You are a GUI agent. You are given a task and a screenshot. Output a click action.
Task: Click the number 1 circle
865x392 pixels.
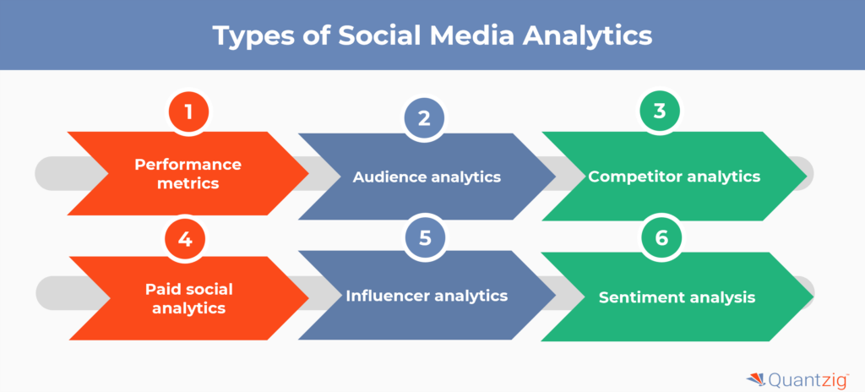tap(188, 112)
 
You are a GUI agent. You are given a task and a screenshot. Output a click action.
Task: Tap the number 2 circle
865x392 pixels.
tap(424, 118)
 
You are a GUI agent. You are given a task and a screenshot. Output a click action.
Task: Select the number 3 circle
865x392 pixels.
tap(659, 111)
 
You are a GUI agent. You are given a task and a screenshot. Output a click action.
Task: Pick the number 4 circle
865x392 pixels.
tap(185, 239)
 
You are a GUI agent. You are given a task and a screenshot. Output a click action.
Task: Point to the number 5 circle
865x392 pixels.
tap(425, 237)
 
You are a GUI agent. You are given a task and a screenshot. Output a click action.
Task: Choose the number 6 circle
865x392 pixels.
tap(661, 237)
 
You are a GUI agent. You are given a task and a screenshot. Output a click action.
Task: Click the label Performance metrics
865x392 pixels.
tap(188, 174)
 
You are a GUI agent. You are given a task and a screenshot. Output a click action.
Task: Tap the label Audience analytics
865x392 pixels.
tap(427, 177)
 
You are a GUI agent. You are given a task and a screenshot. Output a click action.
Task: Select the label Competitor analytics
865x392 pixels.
tap(674, 177)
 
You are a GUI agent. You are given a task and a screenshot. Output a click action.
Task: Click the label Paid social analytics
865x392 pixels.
tap(188, 298)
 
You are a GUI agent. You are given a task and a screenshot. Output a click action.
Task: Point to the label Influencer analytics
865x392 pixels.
tap(427, 296)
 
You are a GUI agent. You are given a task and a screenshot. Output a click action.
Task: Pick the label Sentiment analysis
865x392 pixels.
tap(677, 297)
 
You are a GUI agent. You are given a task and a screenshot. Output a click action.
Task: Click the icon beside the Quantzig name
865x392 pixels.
tap(756, 379)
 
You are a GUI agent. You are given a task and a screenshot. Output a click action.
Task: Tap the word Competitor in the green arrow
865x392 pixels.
tap(634, 177)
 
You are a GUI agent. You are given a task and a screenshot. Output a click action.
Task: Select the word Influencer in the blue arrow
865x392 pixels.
tap(388, 296)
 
